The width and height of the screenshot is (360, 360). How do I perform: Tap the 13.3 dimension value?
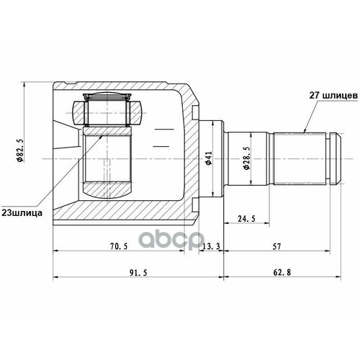(x=212, y=246)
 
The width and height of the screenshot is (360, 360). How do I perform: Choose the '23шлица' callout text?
(x=27, y=213)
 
